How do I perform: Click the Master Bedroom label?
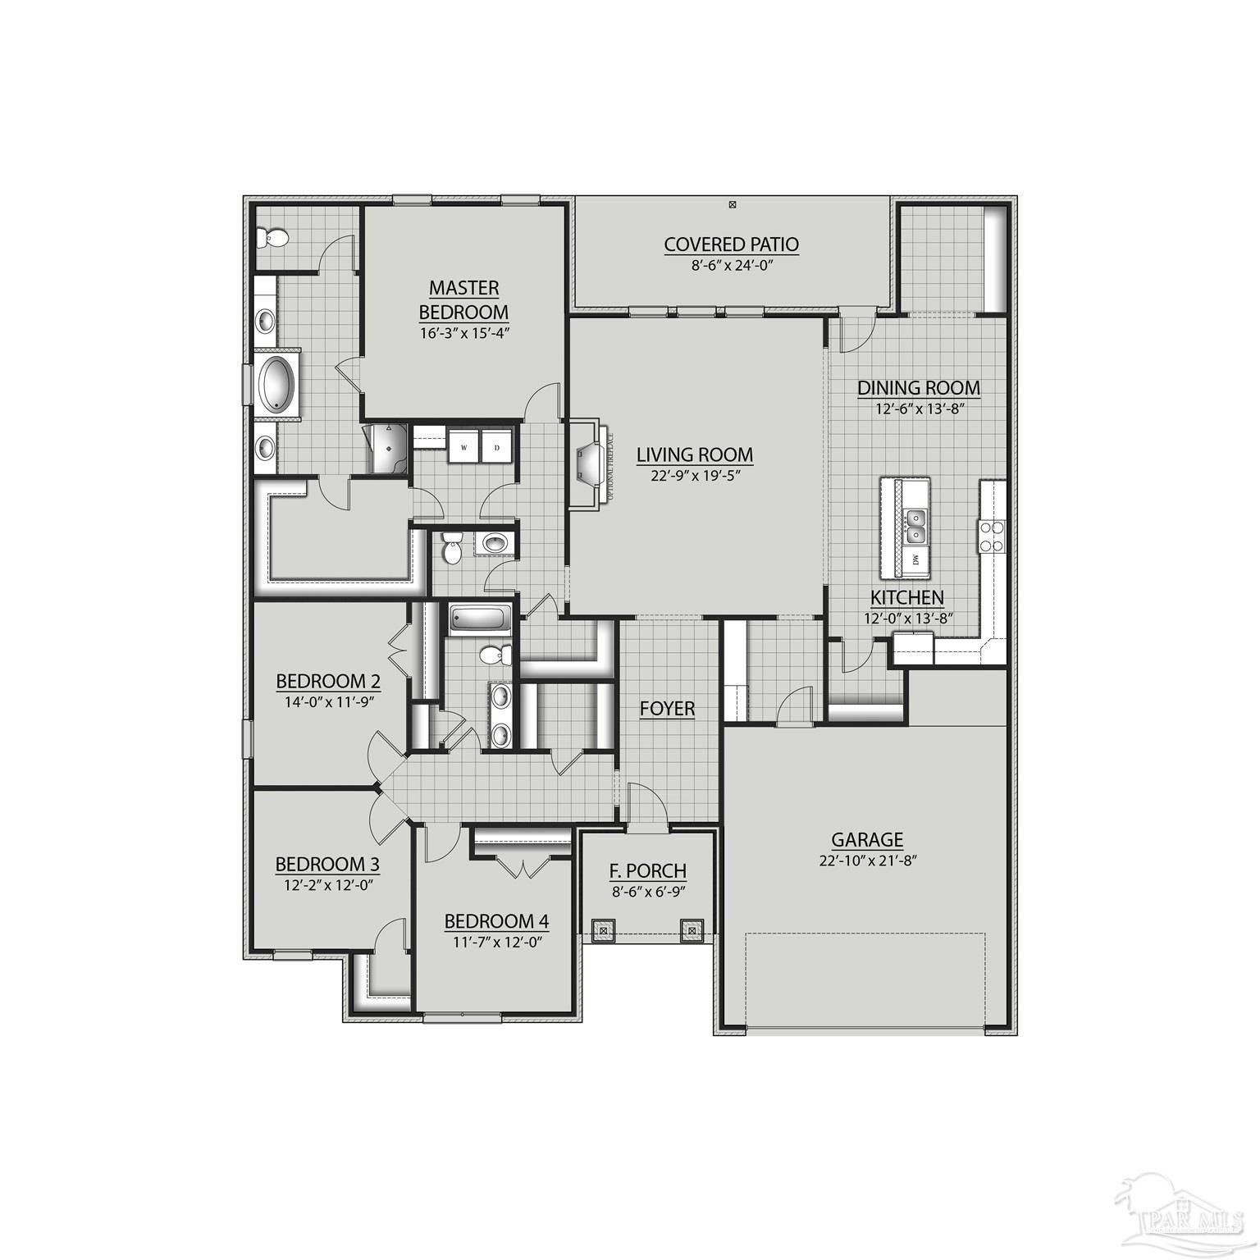pyautogui.click(x=463, y=299)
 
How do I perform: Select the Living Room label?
pyautogui.click(x=695, y=454)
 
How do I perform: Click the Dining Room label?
pyautogui.click(x=918, y=387)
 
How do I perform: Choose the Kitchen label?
pyautogui.click(x=906, y=597)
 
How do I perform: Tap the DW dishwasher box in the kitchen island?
pyautogui.click(x=915, y=560)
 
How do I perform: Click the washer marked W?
pyautogui.click(x=464, y=447)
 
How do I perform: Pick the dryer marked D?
pyautogui.click(x=496, y=447)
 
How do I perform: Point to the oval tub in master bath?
pyautogui.click(x=278, y=384)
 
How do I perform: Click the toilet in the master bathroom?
pyautogui.click(x=272, y=238)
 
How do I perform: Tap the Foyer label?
pyautogui.click(x=668, y=709)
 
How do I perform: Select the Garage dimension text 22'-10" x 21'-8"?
pyautogui.click(x=866, y=860)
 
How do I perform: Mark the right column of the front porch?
pyautogui.click(x=691, y=930)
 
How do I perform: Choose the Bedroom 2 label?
pyautogui.click(x=328, y=681)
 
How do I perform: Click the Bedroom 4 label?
pyautogui.click(x=496, y=921)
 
